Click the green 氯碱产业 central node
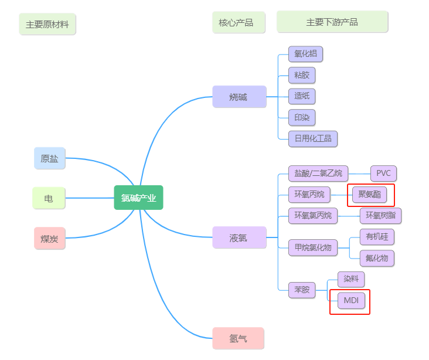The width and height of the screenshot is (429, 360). [x=138, y=198]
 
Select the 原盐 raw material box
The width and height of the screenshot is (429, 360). [x=49, y=158]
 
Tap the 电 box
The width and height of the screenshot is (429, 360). [x=49, y=198]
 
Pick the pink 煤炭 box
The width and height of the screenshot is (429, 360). [x=49, y=238]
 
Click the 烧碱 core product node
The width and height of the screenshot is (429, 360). [x=239, y=97]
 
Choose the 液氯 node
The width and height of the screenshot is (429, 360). [x=239, y=237]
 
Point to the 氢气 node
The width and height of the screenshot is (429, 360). [x=238, y=338]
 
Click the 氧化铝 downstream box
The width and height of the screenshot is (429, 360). [x=305, y=54]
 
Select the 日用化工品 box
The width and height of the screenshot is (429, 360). [x=313, y=138]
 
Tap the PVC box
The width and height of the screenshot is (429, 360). [x=383, y=174]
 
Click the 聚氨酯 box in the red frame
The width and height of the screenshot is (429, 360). [x=369, y=194]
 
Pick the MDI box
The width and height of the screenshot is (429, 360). [x=351, y=301]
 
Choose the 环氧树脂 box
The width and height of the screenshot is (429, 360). [x=380, y=215]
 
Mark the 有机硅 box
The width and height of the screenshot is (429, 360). [x=377, y=236]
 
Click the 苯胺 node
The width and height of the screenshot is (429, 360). [x=301, y=290]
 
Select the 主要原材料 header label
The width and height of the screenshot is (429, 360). [x=47, y=25]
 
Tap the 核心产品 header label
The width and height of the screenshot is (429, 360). [x=236, y=22]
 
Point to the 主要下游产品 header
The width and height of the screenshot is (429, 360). [x=332, y=22]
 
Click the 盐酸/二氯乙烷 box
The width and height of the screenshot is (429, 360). [x=318, y=174]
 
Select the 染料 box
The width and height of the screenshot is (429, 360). [x=351, y=279]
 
